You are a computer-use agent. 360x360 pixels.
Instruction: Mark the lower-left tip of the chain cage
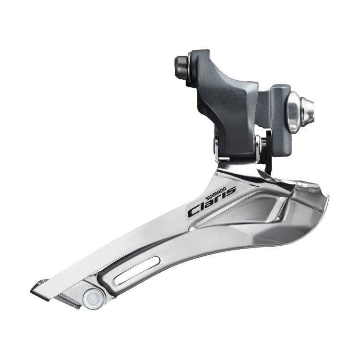[35, 289]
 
